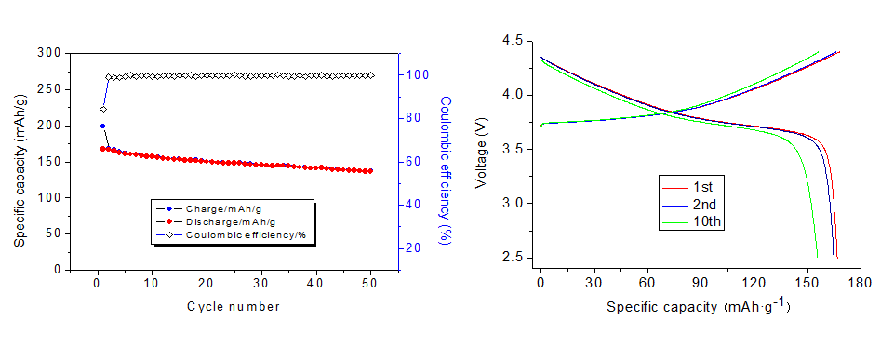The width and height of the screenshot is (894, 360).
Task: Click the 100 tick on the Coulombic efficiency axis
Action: coord(412,75)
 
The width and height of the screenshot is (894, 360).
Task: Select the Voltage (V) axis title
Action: coord(481,149)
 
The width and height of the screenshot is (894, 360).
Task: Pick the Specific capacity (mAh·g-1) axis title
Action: coord(699,306)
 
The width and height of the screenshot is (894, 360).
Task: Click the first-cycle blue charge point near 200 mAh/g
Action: coord(102,126)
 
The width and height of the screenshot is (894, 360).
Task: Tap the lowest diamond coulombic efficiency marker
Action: coord(103,109)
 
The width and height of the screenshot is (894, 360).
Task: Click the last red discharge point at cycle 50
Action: coord(370,171)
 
